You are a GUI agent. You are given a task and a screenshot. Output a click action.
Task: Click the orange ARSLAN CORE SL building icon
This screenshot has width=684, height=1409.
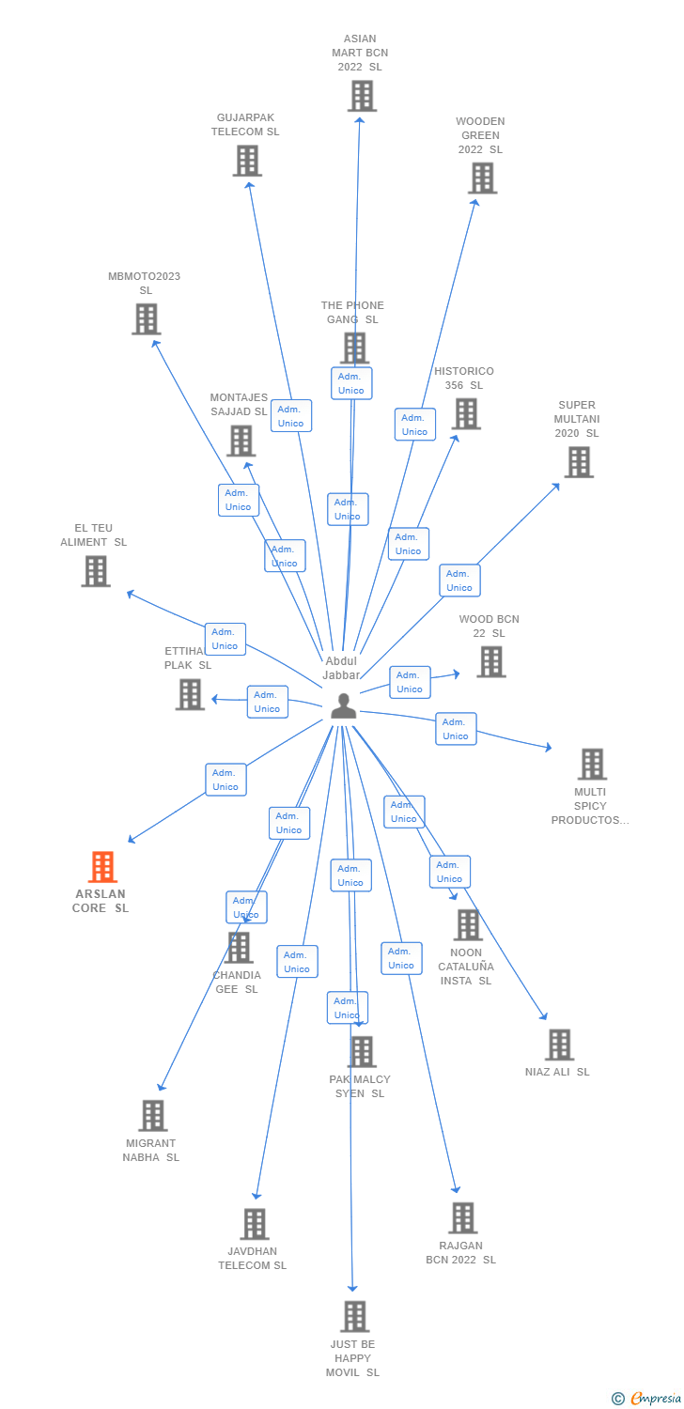(x=102, y=866)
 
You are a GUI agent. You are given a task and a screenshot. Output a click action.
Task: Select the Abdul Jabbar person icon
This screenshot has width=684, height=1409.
(x=344, y=705)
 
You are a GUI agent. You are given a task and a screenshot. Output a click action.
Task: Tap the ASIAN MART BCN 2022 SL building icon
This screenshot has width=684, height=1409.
(x=362, y=96)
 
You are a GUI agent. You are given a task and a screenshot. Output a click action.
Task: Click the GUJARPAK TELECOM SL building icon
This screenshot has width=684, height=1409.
(x=247, y=161)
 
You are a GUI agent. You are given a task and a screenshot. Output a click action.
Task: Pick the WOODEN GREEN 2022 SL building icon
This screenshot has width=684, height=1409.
(x=482, y=178)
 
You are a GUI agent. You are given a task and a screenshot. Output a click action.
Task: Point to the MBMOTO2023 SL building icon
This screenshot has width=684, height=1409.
(x=146, y=319)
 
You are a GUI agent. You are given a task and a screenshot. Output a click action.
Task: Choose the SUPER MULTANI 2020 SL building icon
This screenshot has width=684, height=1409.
(x=579, y=462)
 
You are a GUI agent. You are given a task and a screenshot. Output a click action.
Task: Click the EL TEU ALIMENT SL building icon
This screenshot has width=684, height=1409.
(x=96, y=571)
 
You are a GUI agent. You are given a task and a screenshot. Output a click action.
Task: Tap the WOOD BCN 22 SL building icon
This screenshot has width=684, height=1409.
(x=490, y=661)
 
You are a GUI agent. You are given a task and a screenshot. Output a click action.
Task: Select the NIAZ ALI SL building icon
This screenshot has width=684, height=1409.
(x=559, y=1045)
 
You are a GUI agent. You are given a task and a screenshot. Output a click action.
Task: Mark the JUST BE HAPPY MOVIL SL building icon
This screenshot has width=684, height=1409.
(x=354, y=1316)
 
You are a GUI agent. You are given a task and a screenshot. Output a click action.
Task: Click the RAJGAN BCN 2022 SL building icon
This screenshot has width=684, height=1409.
(x=462, y=1217)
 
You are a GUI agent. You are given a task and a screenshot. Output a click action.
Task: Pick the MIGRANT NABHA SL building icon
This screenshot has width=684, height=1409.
(x=152, y=1116)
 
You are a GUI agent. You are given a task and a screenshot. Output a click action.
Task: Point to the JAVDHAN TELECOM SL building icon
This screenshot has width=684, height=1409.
(x=255, y=1224)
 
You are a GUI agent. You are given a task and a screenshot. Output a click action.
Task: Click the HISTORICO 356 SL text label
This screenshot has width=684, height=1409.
(x=463, y=378)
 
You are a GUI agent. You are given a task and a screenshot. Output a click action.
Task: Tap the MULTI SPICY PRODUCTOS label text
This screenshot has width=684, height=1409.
(x=590, y=806)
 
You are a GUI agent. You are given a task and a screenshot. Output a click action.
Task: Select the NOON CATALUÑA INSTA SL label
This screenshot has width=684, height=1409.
(x=466, y=967)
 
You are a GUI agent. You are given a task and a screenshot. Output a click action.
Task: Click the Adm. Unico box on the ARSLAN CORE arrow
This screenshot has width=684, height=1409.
(x=225, y=780)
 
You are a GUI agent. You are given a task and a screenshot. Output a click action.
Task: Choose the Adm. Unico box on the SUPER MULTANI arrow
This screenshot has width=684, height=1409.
(x=459, y=581)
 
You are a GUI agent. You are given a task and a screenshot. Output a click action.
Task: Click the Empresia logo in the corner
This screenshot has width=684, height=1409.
(x=647, y=1399)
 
